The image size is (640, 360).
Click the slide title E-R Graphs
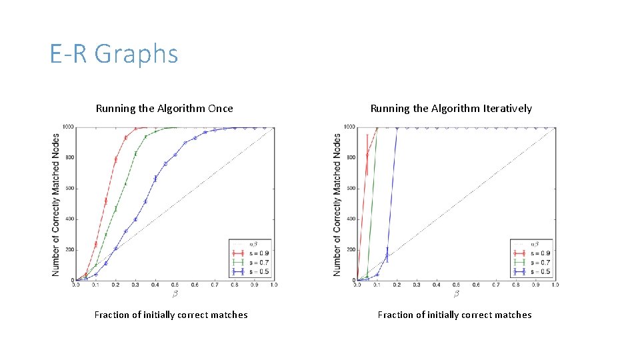(114, 54)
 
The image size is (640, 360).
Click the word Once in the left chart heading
(217, 108)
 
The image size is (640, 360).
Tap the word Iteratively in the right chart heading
(505, 108)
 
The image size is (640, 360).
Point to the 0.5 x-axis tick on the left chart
(175, 285)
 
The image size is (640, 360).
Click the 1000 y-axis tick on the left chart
(68, 127)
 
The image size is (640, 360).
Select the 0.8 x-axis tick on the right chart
(515, 285)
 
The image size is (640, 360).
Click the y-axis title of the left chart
(56, 204)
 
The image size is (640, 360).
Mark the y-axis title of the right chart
(337, 204)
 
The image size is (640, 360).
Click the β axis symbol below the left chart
(175, 293)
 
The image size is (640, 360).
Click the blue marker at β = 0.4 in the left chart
(155, 178)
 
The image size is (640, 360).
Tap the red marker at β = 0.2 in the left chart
(116, 159)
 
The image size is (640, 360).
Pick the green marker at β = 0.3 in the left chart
(135, 154)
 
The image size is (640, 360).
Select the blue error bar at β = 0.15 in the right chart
(387, 255)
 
